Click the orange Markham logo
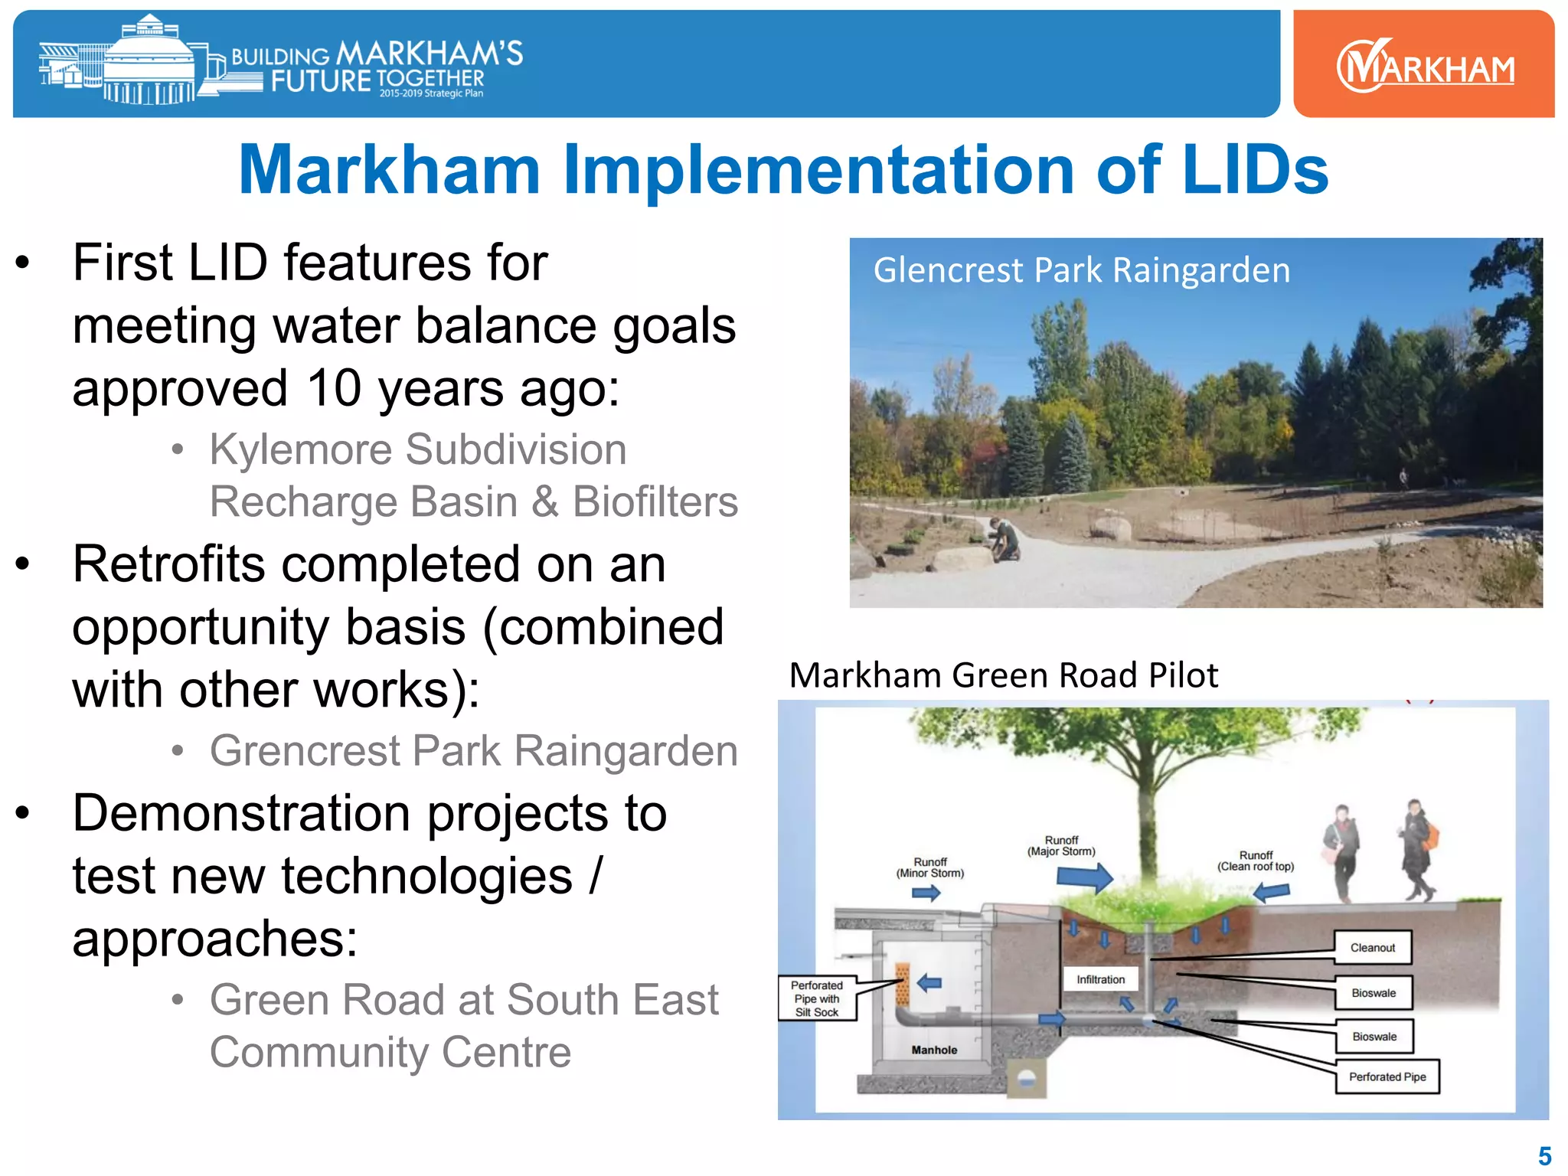[x=1424, y=67]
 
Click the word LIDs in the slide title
[x=1254, y=170]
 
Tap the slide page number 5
[x=1544, y=1155]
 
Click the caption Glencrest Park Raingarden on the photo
[x=1081, y=270]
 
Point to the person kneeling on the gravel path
[x=1004, y=539]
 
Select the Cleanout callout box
[x=1372, y=948]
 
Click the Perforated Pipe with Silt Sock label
[x=816, y=998]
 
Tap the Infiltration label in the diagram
[x=1100, y=979]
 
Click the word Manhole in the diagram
[x=934, y=1050]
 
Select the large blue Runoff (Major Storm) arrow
[x=1086, y=877]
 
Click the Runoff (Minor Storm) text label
[x=929, y=867]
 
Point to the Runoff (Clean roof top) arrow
[x=1272, y=892]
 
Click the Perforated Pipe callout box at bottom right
[x=1387, y=1076]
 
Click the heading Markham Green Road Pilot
[x=1003, y=675]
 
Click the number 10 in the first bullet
[x=334, y=387]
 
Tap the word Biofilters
[x=655, y=502]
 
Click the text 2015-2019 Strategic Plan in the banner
[x=431, y=93]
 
